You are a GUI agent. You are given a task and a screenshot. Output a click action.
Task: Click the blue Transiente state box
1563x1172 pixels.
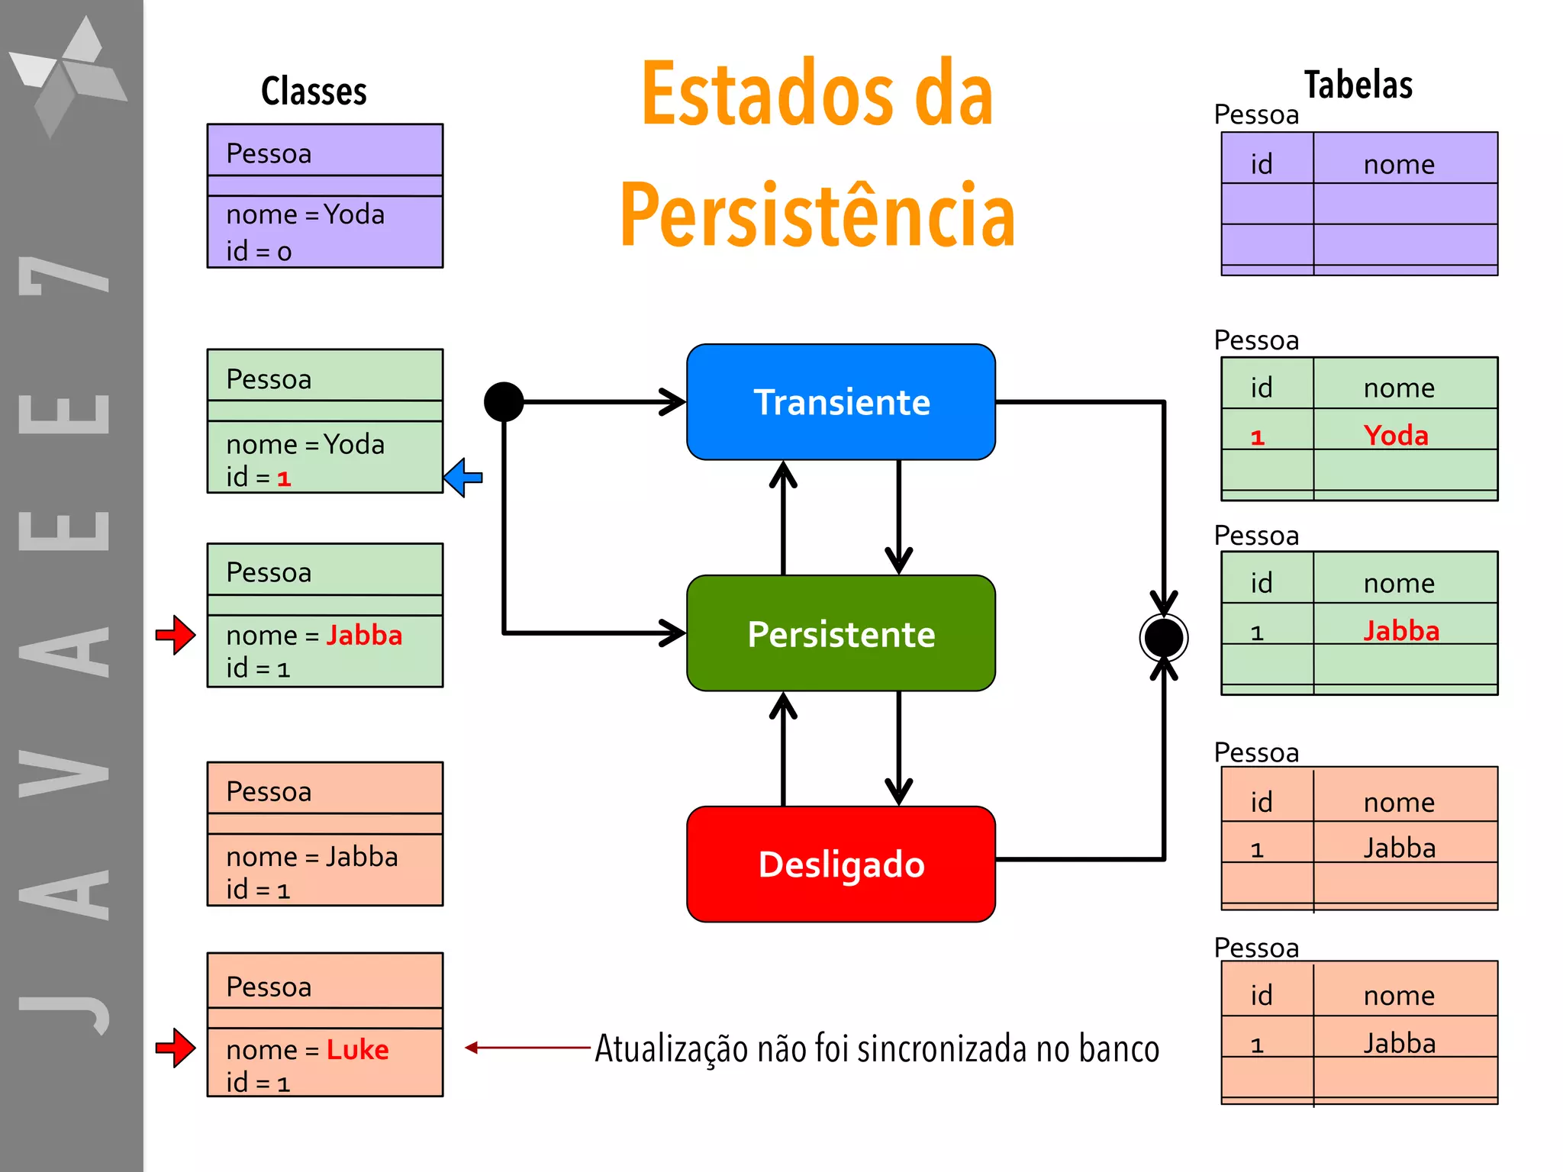click(x=841, y=402)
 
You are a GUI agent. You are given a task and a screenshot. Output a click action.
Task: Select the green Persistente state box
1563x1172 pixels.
click(x=841, y=633)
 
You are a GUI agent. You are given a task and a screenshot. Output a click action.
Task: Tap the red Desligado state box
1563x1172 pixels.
click(x=841, y=864)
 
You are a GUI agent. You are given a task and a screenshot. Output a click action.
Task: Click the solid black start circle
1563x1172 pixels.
click(x=504, y=401)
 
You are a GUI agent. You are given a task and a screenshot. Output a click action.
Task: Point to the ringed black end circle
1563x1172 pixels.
click(x=1163, y=638)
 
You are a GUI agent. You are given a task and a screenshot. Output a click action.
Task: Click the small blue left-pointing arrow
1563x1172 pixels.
click(x=463, y=478)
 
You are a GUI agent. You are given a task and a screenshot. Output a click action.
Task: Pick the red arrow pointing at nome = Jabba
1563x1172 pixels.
click(x=176, y=634)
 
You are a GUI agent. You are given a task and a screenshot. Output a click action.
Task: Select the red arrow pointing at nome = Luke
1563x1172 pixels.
click(x=176, y=1048)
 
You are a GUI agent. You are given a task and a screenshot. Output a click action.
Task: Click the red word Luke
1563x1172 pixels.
click(x=357, y=1050)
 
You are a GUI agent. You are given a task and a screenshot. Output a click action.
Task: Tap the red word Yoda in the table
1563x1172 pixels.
click(x=1396, y=435)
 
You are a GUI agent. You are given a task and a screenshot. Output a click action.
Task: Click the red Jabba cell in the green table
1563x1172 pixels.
click(x=1401, y=631)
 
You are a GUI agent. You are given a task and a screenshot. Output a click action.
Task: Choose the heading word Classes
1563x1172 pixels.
click(x=314, y=92)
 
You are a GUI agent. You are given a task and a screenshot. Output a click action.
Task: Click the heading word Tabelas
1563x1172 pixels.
click(x=1358, y=85)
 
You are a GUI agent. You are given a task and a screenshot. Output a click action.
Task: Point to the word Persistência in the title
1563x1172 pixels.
click(x=817, y=216)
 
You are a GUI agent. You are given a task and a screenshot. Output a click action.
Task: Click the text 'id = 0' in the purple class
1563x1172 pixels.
click(x=259, y=251)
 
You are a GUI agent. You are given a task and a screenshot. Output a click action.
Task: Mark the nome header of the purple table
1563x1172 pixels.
click(x=1399, y=164)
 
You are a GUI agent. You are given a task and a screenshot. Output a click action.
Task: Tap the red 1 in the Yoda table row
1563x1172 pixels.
click(x=1258, y=437)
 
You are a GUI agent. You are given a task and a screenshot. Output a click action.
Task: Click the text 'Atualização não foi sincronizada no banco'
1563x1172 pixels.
click(x=877, y=1048)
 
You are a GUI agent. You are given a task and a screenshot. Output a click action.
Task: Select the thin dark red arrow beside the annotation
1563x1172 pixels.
click(x=527, y=1048)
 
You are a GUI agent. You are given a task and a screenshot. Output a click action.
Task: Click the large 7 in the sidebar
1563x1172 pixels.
click(x=65, y=275)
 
